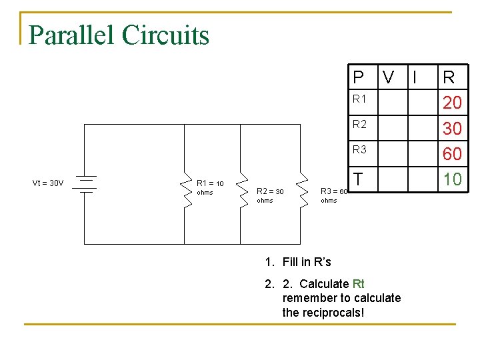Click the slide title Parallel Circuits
click(x=119, y=35)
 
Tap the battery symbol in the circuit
click(x=85, y=183)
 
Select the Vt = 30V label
click(x=48, y=183)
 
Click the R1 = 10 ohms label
click(x=210, y=187)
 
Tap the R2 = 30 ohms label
click(x=270, y=195)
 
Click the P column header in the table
click(x=359, y=77)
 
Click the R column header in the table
click(x=449, y=77)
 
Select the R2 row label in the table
click(x=359, y=124)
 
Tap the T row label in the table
click(x=358, y=179)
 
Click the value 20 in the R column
click(x=452, y=103)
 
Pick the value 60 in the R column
click(x=452, y=153)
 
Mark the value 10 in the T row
click(x=452, y=179)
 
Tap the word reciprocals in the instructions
click(x=333, y=312)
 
